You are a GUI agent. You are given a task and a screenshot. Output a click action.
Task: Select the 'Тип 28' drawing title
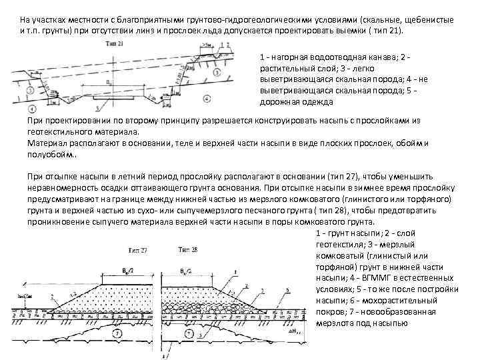coord(189,249)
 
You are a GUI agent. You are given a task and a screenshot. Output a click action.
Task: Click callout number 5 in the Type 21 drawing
coord(98,106)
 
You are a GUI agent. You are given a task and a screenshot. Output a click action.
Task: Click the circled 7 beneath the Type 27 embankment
coord(117,333)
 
